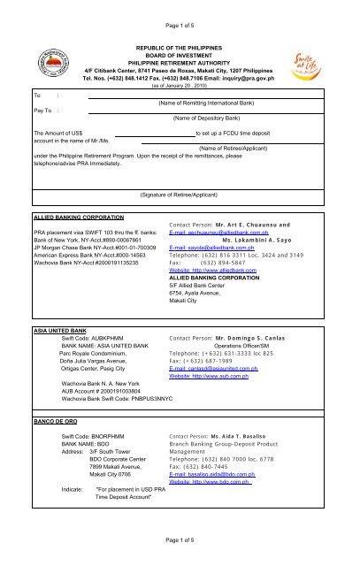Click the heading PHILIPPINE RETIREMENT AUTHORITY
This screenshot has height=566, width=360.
pyautogui.click(x=180, y=60)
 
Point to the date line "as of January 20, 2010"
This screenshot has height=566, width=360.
pyautogui.click(x=180, y=85)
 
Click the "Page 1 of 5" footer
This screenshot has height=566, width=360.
pyautogui.click(x=180, y=539)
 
